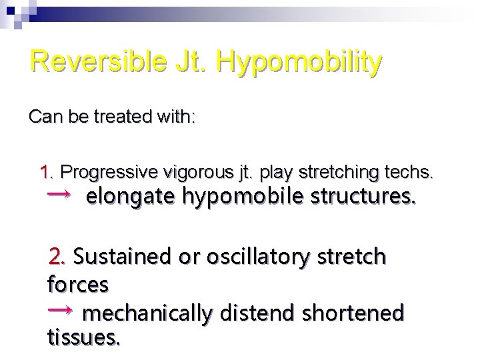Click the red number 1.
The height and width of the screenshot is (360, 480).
click(x=47, y=173)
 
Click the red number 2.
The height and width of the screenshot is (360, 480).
click(x=58, y=255)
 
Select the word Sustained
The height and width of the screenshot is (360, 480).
click(x=125, y=255)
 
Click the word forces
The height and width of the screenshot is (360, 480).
click(x=78, y=285)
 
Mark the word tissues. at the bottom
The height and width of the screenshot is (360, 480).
click(x=84, y=339)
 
